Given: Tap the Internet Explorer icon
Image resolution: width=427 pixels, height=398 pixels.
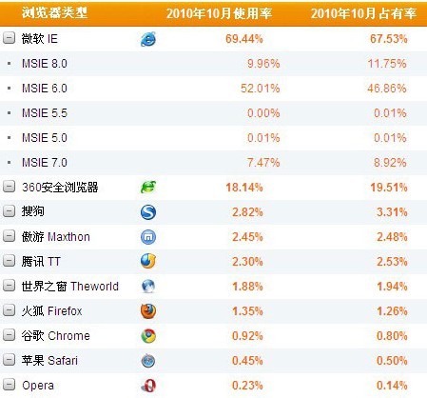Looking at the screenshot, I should point(149,39).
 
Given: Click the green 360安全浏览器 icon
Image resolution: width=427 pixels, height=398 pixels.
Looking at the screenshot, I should point(149,188).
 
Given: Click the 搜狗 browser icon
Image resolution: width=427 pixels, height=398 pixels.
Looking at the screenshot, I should point(149,212).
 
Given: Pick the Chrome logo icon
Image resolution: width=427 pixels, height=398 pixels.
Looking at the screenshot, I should point(149,336).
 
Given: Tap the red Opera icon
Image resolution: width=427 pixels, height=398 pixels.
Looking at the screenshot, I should point(149,386).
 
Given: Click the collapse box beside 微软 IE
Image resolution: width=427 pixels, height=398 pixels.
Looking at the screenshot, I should point(10,39).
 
